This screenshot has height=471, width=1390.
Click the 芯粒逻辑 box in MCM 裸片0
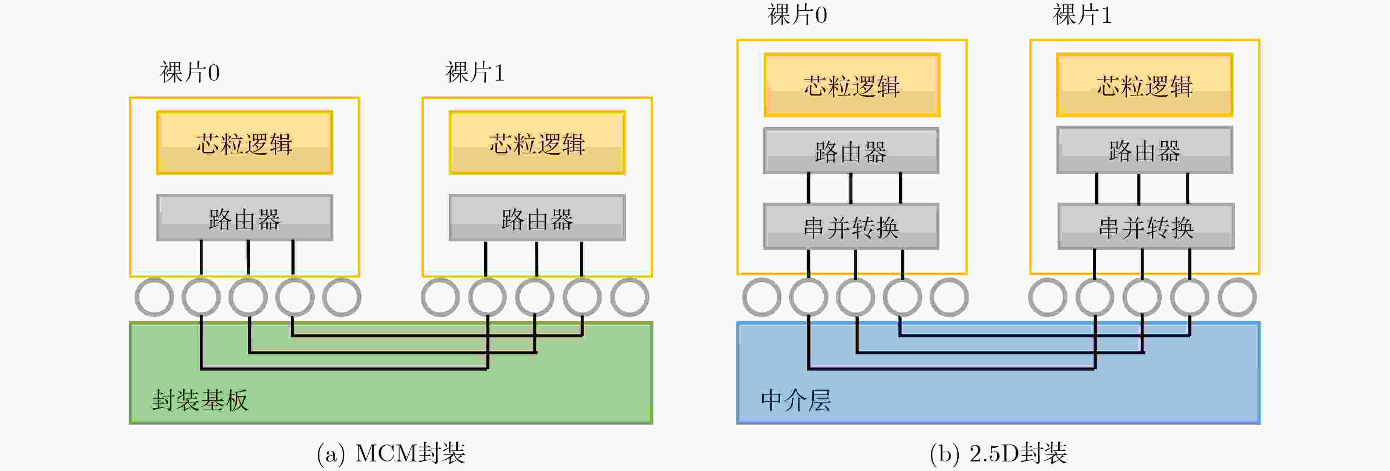(x=245, y=143)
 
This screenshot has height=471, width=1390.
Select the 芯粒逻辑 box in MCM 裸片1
(x=537, y=143)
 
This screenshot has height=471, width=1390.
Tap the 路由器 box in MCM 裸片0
(x=245, y=218)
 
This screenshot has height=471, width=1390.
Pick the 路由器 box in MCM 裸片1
(x=537, y=218)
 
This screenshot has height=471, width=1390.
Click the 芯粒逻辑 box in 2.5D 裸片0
(x=852, y=85)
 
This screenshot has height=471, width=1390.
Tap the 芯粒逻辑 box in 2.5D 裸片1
(x=1144, y=85)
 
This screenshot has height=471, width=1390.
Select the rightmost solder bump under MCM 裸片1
(x=629, y=297)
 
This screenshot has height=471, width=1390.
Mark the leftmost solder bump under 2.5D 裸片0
(x=761, y=297)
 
